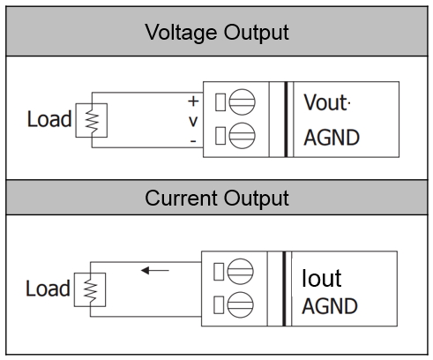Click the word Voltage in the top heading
point(182,33)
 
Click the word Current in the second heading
point(181,198)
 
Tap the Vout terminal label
point(325,102)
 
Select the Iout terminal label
point(322,278)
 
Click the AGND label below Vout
point(332,138)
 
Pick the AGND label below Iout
point(330,306)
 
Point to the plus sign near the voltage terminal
point(193,101)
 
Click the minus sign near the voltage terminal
point(193,141)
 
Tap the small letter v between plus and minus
point(193,121)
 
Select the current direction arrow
point(155,270)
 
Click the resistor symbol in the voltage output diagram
point(92,120)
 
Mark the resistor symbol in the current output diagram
point(90,289)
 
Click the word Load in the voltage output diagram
point(49,119)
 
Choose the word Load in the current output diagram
point(48,289)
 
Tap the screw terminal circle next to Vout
point(242,102)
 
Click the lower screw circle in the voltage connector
point(242,136)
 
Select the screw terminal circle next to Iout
point(240,272)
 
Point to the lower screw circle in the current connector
point(240,305)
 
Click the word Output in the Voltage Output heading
point(257,33)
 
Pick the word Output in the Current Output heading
point(257,199)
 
